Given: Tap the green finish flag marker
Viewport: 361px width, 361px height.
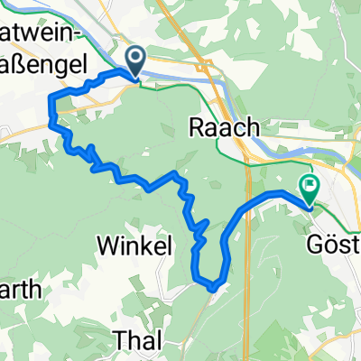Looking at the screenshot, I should coord(310,189).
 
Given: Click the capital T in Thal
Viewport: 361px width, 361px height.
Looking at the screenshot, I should coord(119,339).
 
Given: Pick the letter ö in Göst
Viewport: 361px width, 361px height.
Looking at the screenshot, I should coord(327,243).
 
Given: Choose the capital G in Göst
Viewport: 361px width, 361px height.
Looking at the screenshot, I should coord(312,243).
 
